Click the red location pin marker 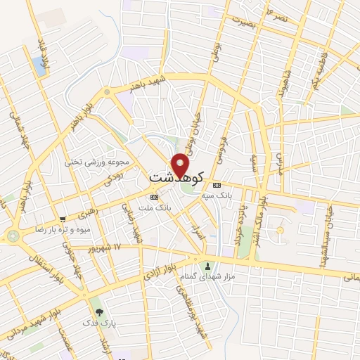tap(181, 165)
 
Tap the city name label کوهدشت tap(176, 178)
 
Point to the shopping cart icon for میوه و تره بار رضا tap(63, 219)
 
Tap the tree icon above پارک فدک tap(98, 311)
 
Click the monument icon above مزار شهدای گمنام tap(207, 266)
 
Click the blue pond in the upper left tap(38, 67)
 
